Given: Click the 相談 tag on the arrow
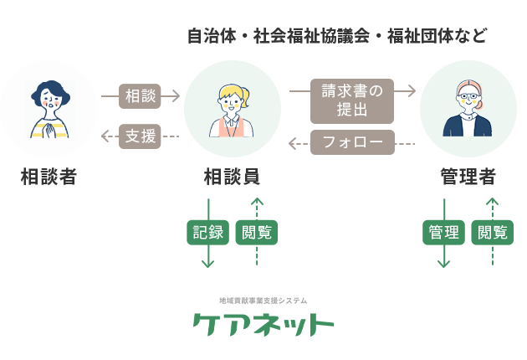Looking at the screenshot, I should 140,96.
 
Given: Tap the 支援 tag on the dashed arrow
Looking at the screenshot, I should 140,136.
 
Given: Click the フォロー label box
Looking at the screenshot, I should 352,143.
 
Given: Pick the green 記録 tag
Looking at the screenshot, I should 207,233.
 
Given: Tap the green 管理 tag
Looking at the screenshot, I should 443,233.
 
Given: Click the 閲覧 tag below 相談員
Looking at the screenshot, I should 257,233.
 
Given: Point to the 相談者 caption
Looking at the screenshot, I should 49,177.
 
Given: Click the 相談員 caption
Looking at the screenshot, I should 232,177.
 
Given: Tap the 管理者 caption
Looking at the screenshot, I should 468,177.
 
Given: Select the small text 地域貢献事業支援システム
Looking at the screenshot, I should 263,300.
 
